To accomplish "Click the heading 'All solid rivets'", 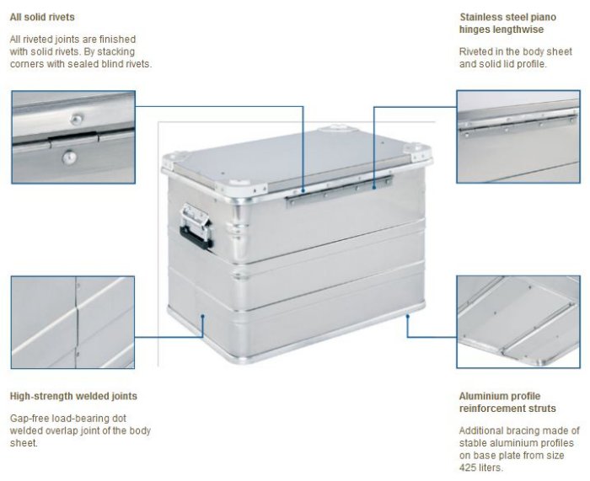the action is [x=42, y=17].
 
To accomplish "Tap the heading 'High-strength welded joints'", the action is [x=73, y=396].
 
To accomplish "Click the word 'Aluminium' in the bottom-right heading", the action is [x=481, y=396].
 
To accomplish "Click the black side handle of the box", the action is [x=196, y=238].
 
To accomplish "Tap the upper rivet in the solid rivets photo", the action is [x=77, y=120].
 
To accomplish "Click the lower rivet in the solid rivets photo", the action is [x=69, y=158].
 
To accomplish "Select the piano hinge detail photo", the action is [x=518, y=136].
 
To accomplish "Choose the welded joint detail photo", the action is [x=73, y=323].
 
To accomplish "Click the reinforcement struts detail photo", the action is [x=518, y=322].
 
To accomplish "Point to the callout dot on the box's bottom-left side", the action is [x=202, y=316].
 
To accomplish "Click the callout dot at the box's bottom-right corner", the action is [x=407, y=316].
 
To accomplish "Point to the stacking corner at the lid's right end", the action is [x=418, y=151].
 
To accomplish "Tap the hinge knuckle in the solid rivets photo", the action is [x=73, y=139].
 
